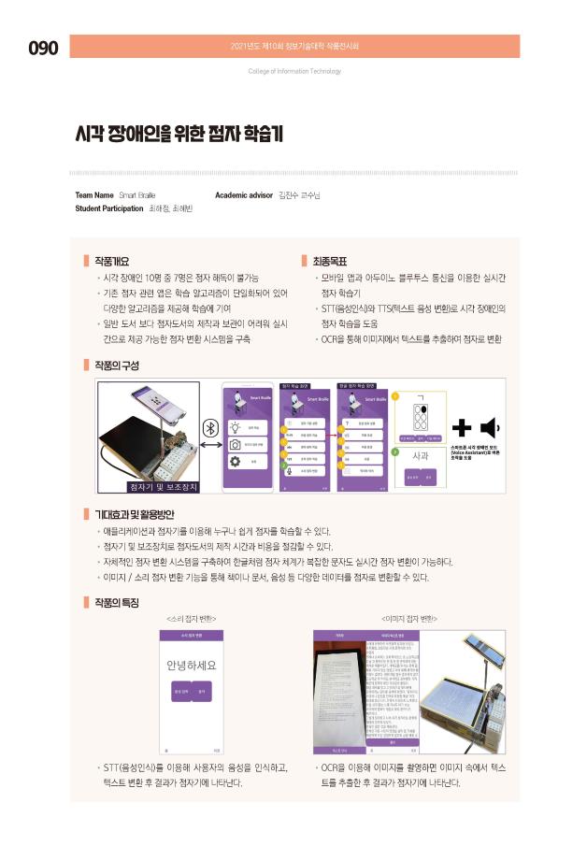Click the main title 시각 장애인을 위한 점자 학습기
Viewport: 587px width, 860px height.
[179, 134]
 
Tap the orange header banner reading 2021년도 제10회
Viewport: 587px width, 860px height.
[308, 46]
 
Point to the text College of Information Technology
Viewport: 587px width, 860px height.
[294, 71]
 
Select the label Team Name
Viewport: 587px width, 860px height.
[93, 195]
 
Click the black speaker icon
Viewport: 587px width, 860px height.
[488, 428]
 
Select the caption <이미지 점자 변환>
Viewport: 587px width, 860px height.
[408, 619]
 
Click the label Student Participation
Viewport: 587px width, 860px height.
[108, 208]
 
